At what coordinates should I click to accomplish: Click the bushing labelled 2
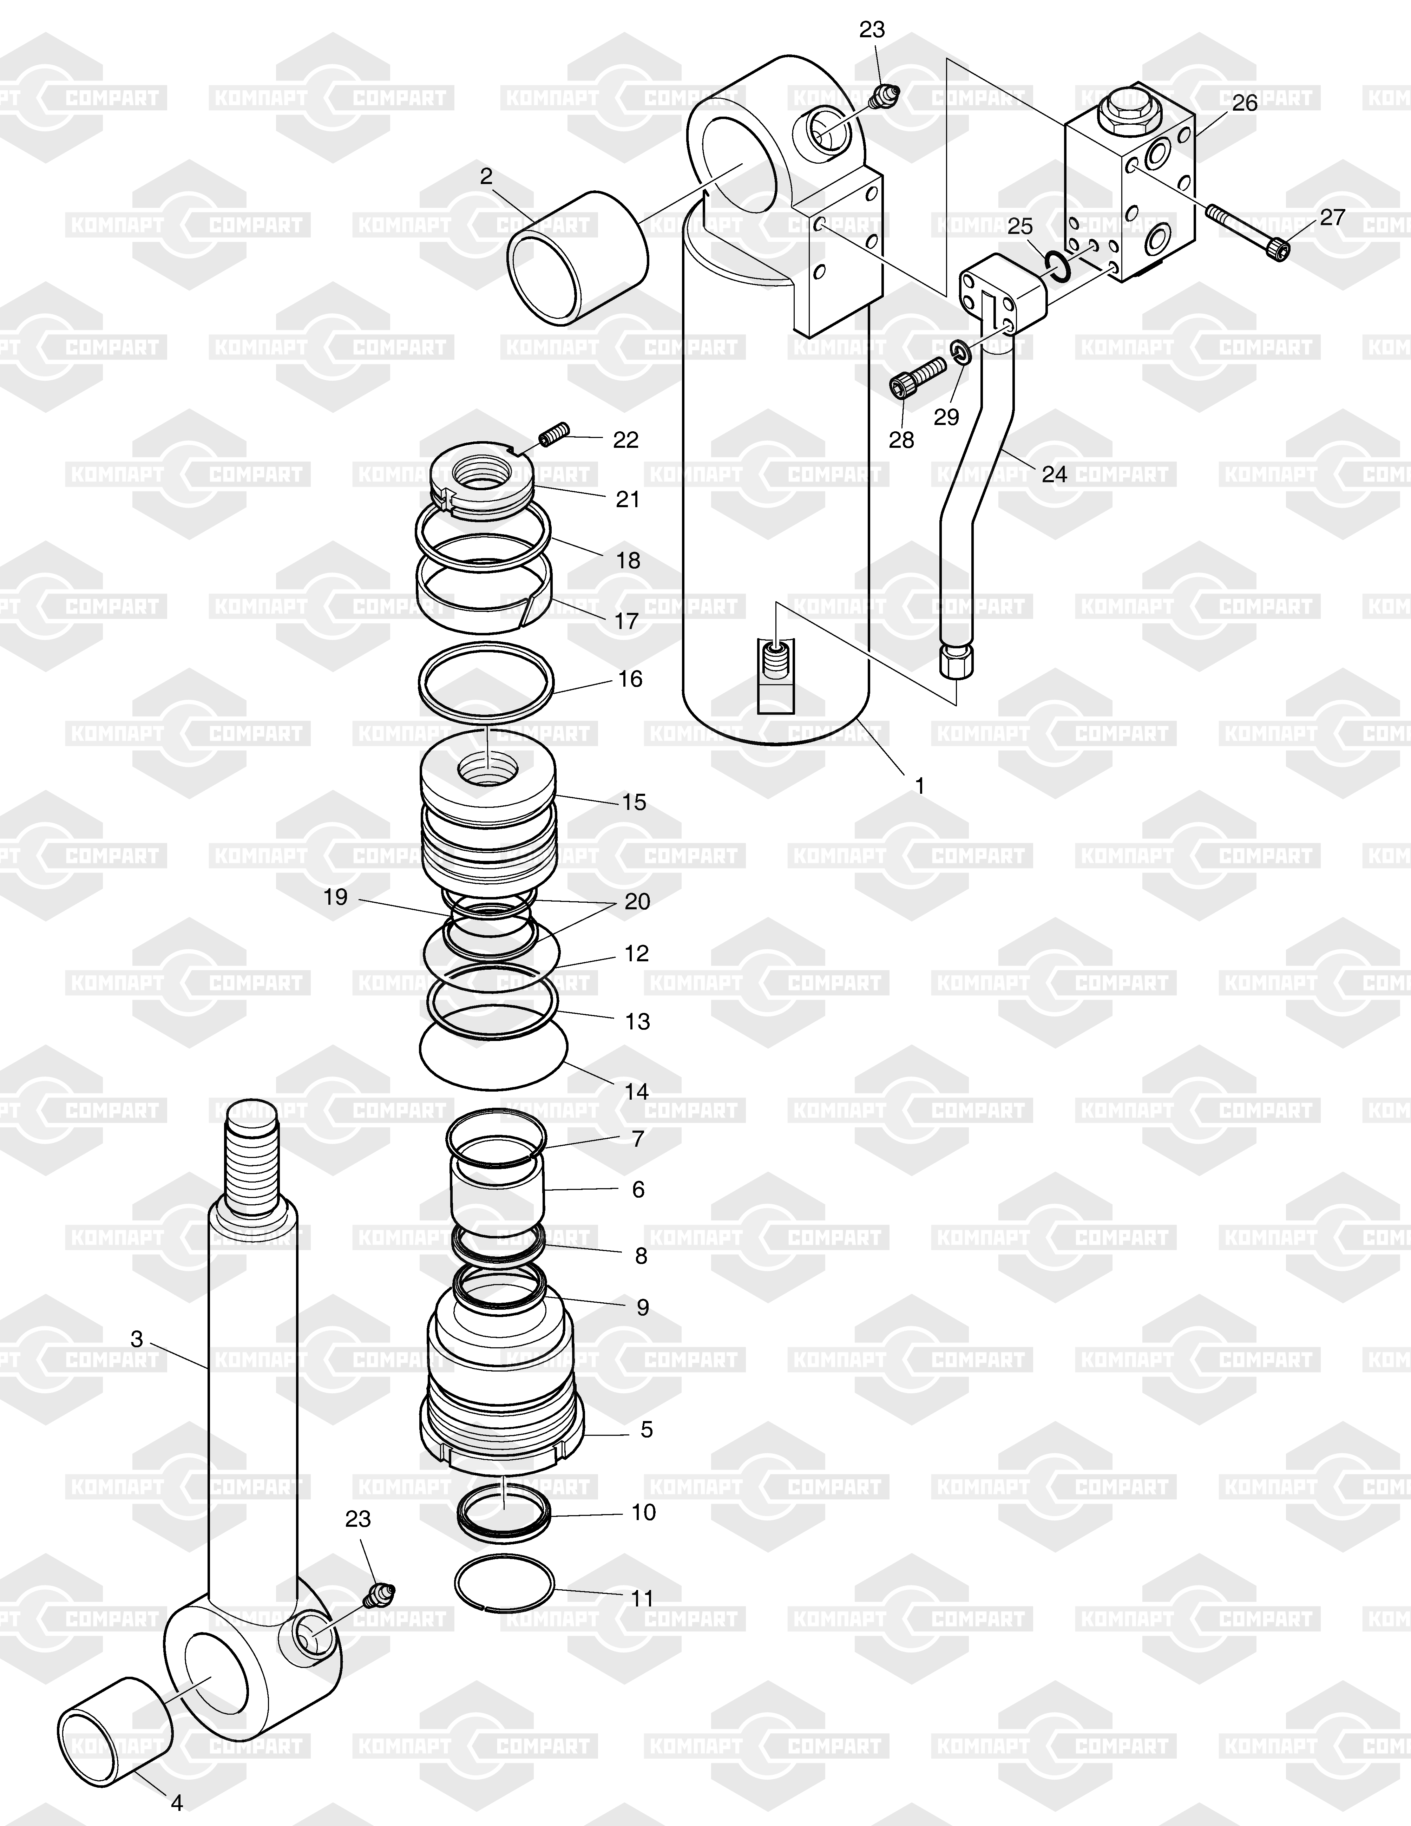tap(578, 257)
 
